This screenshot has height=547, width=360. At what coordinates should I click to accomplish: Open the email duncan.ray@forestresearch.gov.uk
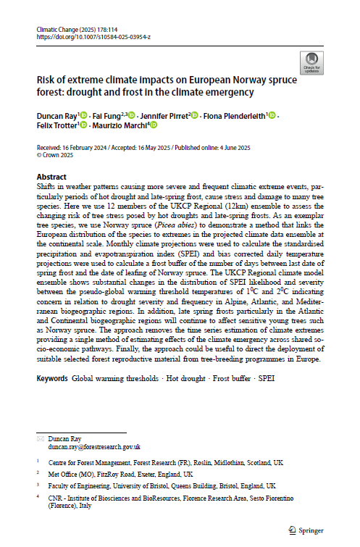pos(93,447)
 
